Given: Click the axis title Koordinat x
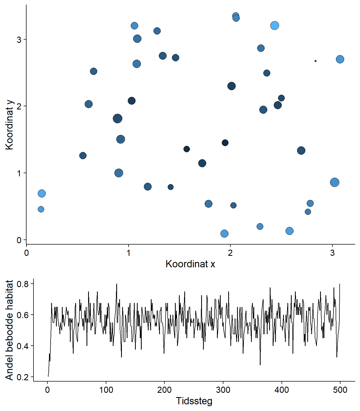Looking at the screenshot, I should pyautogui.click(x=190, y=264).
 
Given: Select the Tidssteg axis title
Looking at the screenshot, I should pyautogui.click(x=194, y=401).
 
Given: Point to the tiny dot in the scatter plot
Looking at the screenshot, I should pyautogui.click(x=316, y=61).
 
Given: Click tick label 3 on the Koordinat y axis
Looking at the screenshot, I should pyautogui.click(x=19, y=40).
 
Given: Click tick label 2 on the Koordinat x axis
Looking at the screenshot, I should pyautogui.click(x=230, y=253).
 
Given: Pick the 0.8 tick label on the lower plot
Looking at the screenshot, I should pyautogui.click(x=22, y=284).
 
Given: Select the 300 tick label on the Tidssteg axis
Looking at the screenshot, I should pyautogui.click(x=223, y=390).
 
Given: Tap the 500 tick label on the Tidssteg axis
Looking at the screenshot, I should pyautogui.click(x=340, y=390).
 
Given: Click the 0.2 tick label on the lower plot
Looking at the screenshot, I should pyautogui.click(x=22, y=377).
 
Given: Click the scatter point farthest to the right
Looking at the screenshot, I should pyautogui.click(x=340, y=59).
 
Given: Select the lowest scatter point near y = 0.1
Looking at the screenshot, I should pyautogui.click(x=224, y=234).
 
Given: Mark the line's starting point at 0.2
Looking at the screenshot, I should pyautogui.click(x=48, y=376).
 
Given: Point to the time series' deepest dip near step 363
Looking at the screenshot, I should pyautogui.click(x=260, y=365).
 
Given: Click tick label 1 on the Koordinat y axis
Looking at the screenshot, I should pyautogui.click(x=19, y=173).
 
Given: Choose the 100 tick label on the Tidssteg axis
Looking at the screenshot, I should pyautogui.click(x=106, y=390).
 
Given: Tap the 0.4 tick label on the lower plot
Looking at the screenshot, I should pyautogui.click(x=22, y=346).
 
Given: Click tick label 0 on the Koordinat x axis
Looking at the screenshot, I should pyautogui.click(x=27, y=253).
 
